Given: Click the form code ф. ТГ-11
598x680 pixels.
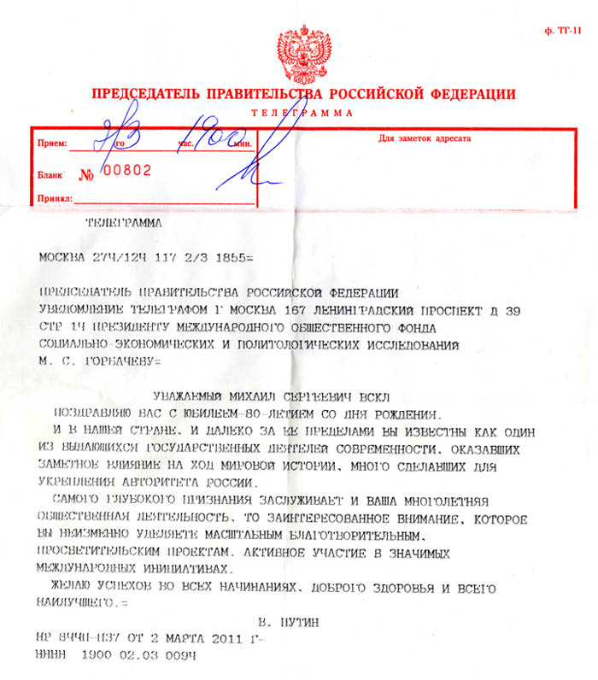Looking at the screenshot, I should (x=563, y=31).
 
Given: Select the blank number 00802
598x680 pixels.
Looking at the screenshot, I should (x=126, y=170).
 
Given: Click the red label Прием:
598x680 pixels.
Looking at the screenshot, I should (x=52, y=144).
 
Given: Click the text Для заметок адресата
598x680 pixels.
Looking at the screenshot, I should (x=425, y=138).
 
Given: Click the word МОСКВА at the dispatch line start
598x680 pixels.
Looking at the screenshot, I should (x=62, y=255).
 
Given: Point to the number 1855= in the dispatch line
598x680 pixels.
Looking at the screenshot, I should (x=228, y=255).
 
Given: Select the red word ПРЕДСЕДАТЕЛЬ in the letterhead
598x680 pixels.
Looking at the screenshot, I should (x=145, y=93).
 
